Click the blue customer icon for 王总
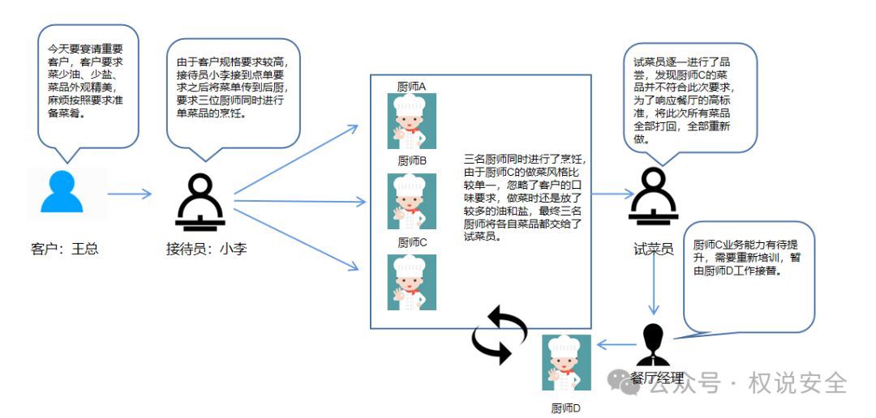tap(62, 193)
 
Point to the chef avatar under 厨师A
tap(412, 121)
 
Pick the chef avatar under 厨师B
tap(412, 201)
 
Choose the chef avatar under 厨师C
tap(412, 282)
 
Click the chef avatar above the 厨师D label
tap(565, 361)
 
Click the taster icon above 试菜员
tap(653, 197)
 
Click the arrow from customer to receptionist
tap(130, 194)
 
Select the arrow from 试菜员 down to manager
tap(654, 288)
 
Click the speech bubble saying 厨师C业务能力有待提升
tap(748, 275)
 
